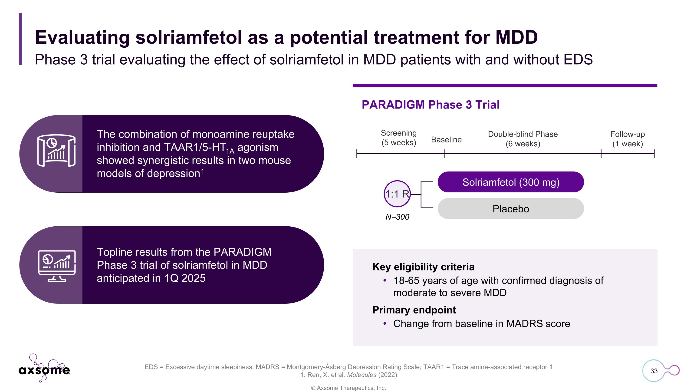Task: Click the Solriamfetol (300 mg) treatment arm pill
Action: coord(511,182)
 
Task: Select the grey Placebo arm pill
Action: coord(511,209)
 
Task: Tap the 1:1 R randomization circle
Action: coord(397,194)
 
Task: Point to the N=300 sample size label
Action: coord(397,217)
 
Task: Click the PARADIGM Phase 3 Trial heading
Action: coord(430,105)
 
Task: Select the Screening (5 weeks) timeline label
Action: coord(398,138)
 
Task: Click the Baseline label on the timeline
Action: coord(446,140)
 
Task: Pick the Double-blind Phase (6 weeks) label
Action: coord(523,139)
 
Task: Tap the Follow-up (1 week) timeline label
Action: coord(628,139)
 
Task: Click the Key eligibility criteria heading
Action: coord(423,267)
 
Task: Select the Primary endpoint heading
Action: coord(414,310)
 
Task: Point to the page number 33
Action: coord(654,371)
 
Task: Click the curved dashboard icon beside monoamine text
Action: coord(56,150)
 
